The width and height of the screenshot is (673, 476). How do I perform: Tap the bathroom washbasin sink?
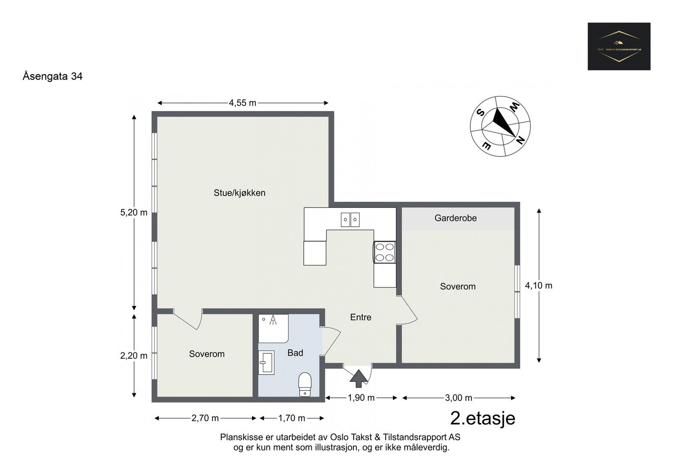[266, 362]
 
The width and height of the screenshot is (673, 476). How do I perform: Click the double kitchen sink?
[350, 219]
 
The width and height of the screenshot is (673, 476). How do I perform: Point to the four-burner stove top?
[384, 252]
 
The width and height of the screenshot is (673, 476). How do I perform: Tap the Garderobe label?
[456, 218]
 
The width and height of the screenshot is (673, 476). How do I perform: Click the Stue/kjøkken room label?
[239, 193]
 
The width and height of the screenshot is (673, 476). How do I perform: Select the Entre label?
[360, 317]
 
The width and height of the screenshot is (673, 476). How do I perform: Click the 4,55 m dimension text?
[242, 103]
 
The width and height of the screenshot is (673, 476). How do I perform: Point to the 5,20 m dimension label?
[134, 212]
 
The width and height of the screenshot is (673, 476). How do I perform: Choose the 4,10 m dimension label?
[538, 286]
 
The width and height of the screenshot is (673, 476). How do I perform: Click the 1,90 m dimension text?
[361, 398]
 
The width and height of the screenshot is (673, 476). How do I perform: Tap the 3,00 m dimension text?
[458, 398]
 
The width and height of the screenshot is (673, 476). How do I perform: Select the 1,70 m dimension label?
[291, 418]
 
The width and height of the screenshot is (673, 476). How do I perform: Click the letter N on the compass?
[520, 140]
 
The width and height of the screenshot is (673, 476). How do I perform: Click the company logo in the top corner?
[619, 46]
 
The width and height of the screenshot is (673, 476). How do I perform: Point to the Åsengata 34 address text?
[53, 76]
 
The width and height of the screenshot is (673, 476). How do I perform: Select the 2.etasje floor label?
[482, 418]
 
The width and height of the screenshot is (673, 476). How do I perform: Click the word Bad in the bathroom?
[295, 353]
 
